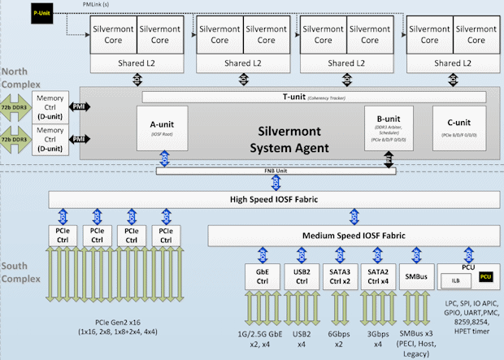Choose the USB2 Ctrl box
click(302, 276)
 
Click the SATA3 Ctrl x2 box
click(340, 276)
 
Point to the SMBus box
click(417, 276)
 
